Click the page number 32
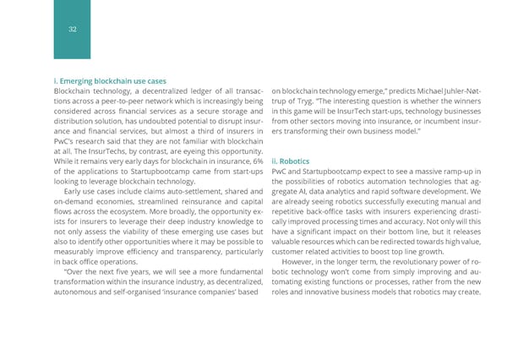tap(73, 30)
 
